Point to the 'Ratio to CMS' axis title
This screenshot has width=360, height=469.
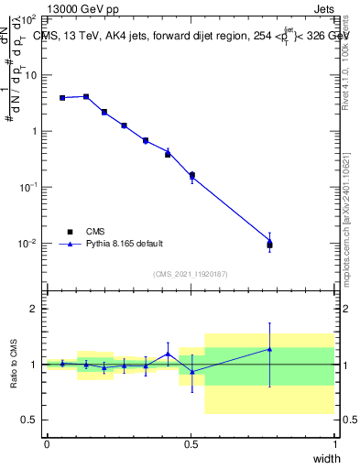pyautogui.click(x=14, y=364)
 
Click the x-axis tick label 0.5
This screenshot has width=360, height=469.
pyautogui.click(x=191, y=444)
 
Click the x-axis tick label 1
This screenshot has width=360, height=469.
pyautogui.click(x=335, y=444)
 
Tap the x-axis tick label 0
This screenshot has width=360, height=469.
pyautogui.click(x=47, y=444)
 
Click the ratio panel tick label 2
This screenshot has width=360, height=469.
pyautogui.click(x=33, y=309)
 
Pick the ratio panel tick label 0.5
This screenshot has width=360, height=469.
pyautogui.click(x=29, y=420)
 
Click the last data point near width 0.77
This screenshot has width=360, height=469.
pyautogui.click(x=269, y=244)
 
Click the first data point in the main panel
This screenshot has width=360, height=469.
pyautogui.click(x=61, y=97)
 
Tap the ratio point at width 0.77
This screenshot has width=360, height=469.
pyautogui.click(x=269, y=348)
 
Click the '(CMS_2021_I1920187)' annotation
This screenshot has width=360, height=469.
pyautogui.click(x=190, y=274)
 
